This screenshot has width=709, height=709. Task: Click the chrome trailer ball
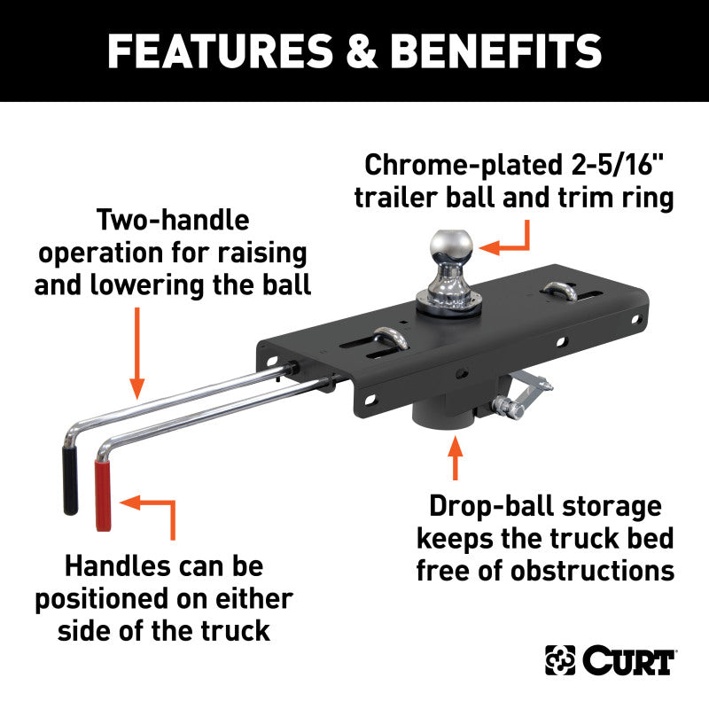449,271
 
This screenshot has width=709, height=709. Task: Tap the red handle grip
103,495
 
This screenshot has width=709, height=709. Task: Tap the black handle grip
70,480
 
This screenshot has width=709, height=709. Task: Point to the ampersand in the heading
362,51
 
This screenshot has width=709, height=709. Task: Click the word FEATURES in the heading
220,51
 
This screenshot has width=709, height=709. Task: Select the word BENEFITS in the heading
496,51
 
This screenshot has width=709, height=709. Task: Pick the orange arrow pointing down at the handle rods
137,353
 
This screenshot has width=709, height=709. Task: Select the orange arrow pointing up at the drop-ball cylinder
456,457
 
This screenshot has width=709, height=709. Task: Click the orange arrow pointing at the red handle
147,518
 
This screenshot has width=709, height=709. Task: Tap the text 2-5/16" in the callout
617,164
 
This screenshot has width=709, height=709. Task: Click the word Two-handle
173,220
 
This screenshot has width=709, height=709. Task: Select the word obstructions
592,571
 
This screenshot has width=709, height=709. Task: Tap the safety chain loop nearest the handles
390,339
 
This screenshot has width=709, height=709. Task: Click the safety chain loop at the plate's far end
559,291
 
